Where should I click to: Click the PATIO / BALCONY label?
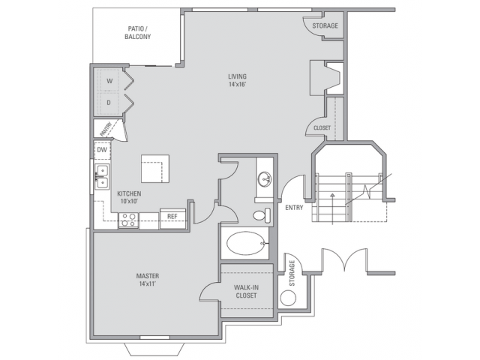(138, 33)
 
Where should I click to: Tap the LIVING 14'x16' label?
(237, 80)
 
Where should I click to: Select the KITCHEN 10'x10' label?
(129, 197)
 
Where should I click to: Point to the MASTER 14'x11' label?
(148, 280)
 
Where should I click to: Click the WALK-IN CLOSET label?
(247, 292)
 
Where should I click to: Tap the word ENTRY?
(294, 208)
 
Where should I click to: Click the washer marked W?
(108, 80)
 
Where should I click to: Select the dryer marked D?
(108, 103)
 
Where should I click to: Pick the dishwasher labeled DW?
(102, 150)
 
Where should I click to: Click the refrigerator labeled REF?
(172, 218)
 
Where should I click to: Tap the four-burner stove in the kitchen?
(128, 220)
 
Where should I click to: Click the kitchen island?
(155, 168)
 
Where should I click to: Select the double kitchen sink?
(102, 177)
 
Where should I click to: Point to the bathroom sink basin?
(264, 178)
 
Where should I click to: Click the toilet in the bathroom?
(262, 215)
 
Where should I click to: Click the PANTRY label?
(106, 130)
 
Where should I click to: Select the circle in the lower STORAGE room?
(288, 298)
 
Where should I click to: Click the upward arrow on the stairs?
(333, 208)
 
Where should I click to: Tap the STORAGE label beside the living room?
(325, 25)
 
